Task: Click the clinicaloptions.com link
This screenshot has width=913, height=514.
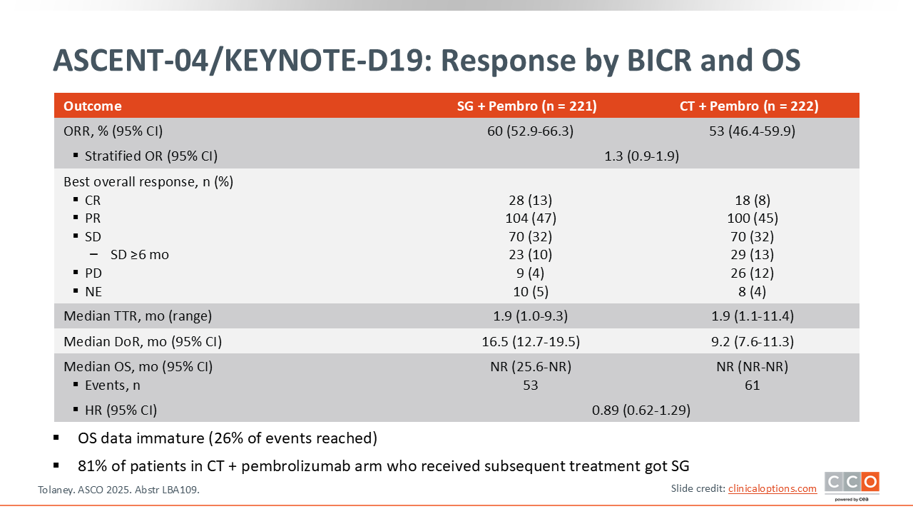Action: pos(772,489)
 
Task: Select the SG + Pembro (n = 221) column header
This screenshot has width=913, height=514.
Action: pos(526,106)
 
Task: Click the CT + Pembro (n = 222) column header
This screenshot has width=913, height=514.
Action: pos(749,106)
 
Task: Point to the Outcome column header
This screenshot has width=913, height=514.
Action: pos(93,106)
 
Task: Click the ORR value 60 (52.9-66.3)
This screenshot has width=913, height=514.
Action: pos(530,131)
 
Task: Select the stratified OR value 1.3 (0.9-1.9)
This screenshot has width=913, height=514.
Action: pos(641,156)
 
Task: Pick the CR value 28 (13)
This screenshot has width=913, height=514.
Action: pos(530,201)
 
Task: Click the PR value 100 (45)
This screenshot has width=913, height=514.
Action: pos(753,218)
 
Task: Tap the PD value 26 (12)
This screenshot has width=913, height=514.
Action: pos(752,273)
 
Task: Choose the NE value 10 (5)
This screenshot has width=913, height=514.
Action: pos(530,292)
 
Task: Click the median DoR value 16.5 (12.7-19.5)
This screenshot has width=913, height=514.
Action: pos(531,341)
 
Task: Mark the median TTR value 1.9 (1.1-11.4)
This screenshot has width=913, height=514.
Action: pos(753,316)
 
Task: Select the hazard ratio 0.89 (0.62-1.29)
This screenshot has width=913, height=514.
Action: pos(641,410)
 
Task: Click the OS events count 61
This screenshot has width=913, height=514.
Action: pos(752,385)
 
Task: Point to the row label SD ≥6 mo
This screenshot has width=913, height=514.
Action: pos(139,255)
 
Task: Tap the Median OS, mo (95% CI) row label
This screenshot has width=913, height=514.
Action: pos(138,367)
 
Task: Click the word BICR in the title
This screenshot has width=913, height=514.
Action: pos(659,61)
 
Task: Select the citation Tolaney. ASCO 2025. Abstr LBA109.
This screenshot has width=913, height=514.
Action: pos(118,490)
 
